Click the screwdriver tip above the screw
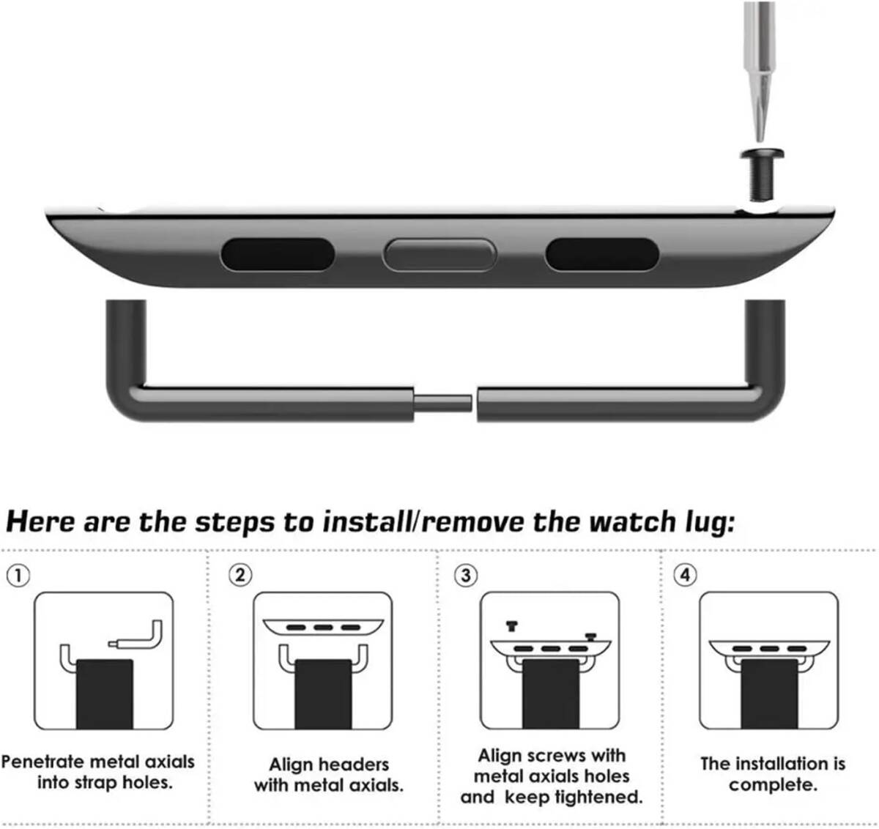point(760,137)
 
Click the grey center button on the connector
point(439,255)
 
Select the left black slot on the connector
point(278,254)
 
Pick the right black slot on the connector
point(602,254)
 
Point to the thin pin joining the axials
point(442,404)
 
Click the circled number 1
point(18,576)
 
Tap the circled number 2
point(240,576)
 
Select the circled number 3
point(466,576)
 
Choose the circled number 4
point(685,575)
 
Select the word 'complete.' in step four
point(773,785)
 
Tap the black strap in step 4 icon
point(769,694)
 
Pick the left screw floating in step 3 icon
point(512,626)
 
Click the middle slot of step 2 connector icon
point(323,628)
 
